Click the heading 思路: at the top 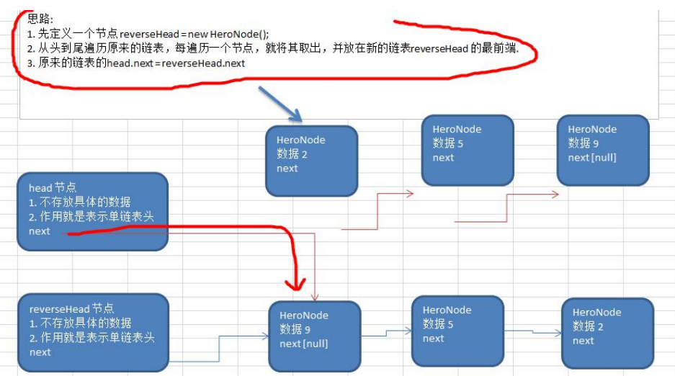coord(40,19)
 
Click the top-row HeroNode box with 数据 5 coord(467,150)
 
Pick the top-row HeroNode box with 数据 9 coord(602,150)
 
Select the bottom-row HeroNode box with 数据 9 coord(314,336)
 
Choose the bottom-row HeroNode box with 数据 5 coord(457,331)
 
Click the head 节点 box coord(91,211)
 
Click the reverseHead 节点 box coord(93,334)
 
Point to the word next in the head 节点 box coord(40,231)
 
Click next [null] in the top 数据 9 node coord(592,157)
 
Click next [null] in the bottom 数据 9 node coord(304,344)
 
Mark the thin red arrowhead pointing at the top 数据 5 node coord(409,193)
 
